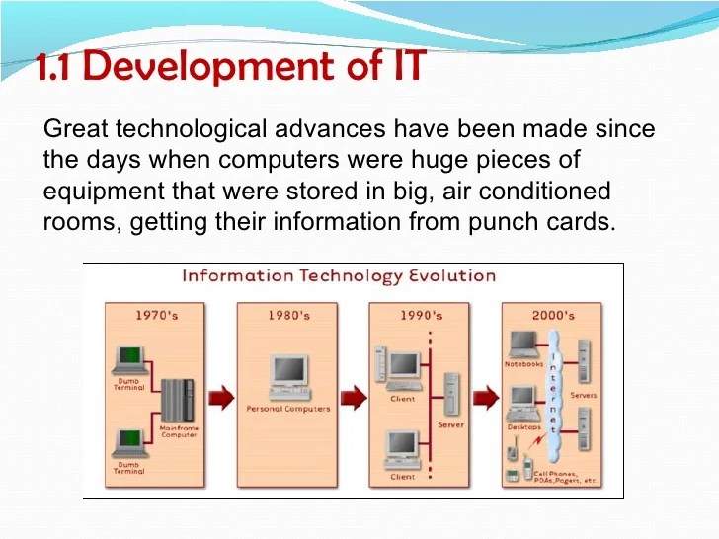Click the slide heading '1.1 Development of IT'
(x=231, y=67)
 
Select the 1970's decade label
(x=156, y=315)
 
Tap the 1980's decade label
(x=288, y=315)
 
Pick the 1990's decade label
(x=421, y=315)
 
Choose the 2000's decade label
(x=553, y=315)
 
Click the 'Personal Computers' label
(x=288, y=409)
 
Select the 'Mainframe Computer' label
(x=180, y=431)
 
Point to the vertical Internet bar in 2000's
(x=555, y=395)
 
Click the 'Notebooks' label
(x=523, y=364)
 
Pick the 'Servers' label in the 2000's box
(x=584, y=395)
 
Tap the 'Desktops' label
(x=523, y=427)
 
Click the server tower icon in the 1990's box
(x=450, y=393)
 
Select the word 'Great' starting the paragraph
(x=77, y=129)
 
